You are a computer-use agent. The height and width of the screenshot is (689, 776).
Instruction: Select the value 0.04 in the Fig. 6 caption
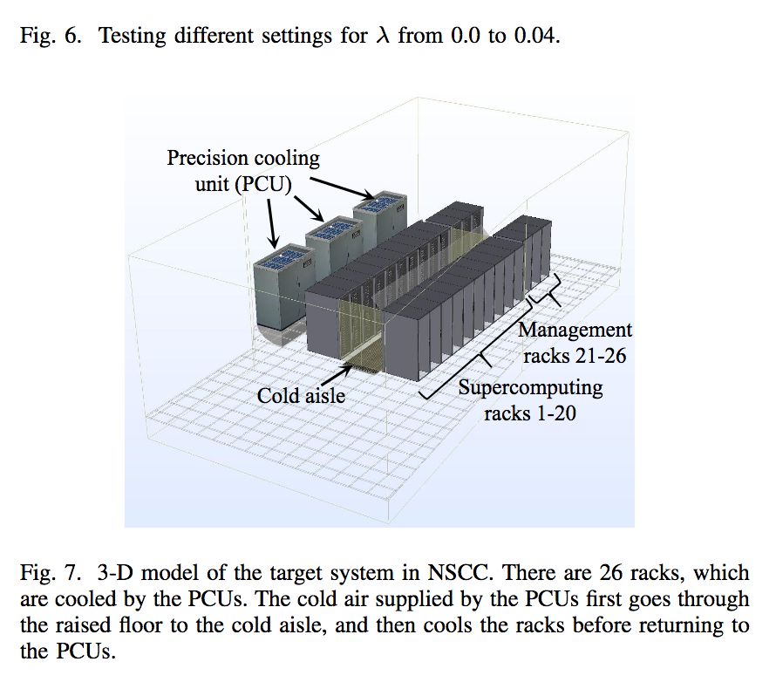click(x=532, y=38)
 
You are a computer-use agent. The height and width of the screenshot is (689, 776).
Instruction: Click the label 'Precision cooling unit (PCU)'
click(x=243, y=171)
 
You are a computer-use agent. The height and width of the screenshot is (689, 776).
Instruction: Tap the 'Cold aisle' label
click(x=301, y=396)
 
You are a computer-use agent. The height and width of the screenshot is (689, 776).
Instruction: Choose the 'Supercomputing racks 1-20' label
click(x=530, y=399)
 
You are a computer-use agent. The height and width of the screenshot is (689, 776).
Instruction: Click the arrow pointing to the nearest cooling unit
click(x=271, y=222)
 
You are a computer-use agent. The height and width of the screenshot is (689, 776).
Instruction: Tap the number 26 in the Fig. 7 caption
click(x=615, y=574)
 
